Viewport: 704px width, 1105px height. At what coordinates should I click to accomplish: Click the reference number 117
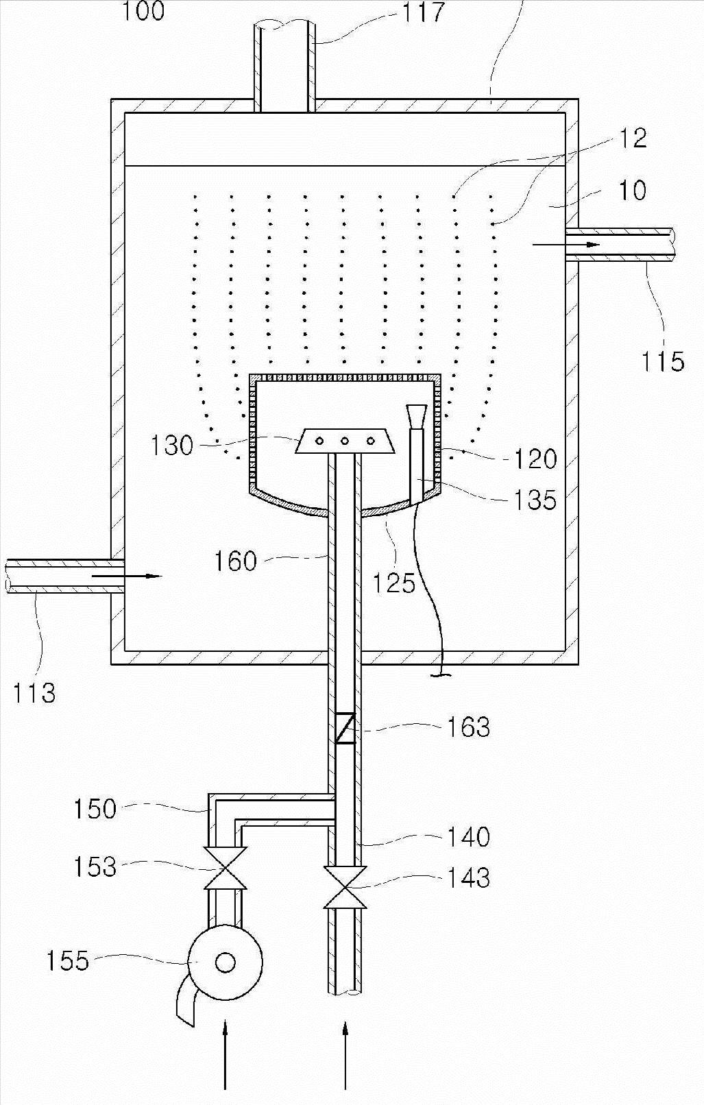(423, 12)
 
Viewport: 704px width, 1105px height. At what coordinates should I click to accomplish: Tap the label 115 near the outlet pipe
(662, 361)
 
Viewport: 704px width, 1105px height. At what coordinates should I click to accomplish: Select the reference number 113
(34, 693)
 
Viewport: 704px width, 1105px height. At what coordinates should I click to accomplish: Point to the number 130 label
(172, 446)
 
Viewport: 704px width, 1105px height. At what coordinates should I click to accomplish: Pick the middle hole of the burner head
(345, 441)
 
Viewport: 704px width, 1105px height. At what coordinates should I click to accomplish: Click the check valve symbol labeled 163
(345, 729)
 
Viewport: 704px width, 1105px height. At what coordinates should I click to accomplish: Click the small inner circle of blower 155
(225, 962)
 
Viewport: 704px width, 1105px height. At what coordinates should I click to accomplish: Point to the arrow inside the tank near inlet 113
(127, 576)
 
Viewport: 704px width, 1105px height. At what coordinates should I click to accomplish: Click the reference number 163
(468, 727)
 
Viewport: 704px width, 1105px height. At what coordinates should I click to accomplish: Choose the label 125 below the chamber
(394, 583)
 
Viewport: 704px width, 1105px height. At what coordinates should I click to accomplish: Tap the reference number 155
(67, 960)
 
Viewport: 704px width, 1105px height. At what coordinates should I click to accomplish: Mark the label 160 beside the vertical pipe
(235, 561)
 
